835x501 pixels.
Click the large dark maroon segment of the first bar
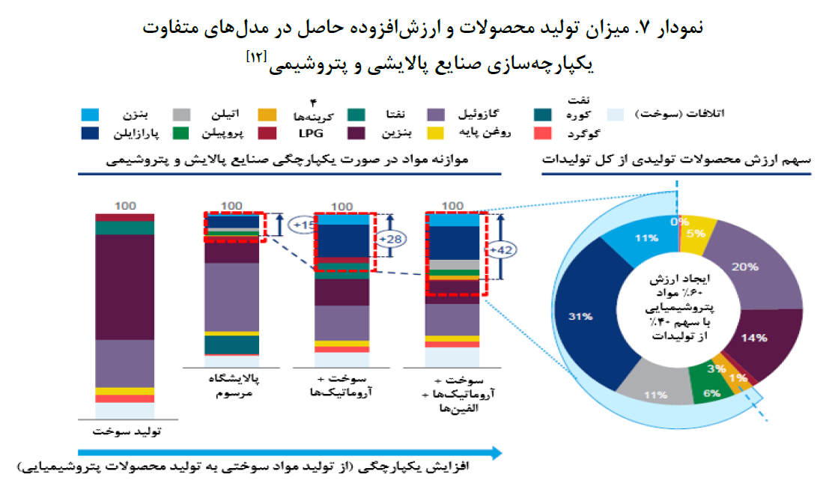click(x=124, y=287)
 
